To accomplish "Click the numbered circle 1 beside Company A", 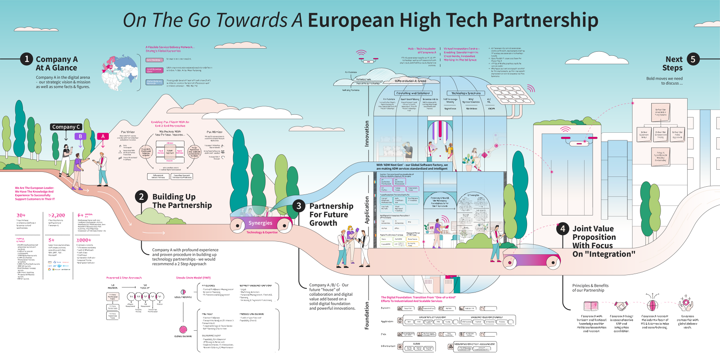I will pyautogui.click(x=27, y=59).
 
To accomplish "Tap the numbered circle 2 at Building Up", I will pyautogui.click(x=141, y=197).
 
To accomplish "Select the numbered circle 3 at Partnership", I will pyautogui.click(x=298, y=206).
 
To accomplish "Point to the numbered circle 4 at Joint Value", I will pyautogui.click(x=562, y=229).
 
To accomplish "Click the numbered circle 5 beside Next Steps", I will pyautogui.click(x=693, y=59).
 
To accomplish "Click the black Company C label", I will pyautogui.click(x=66, y=127).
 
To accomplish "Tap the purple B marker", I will pyautogui.click(x=80, y=136).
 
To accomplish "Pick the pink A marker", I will pyautogui.click(x=103, y=136).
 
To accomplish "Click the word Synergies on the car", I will pyautogui.click(x=260, y=223).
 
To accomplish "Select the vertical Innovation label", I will pyautogui.click(x=367, y=133).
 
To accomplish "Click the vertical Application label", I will pyautogui.click(x=367, y=210).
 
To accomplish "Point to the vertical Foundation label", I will pyautogui.click(x=367, y=315).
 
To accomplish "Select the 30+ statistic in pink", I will pyautogui.click(x=21, y=216).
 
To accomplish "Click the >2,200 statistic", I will pyautogui.click(x=57, y=216).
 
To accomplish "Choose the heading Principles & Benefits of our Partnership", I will pyautogui.click(x=590, y=288).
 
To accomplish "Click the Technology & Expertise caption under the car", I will pyautogui.click(x=262, y=232).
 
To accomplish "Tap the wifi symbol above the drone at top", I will pyautogui.click(x=361, y=53).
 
